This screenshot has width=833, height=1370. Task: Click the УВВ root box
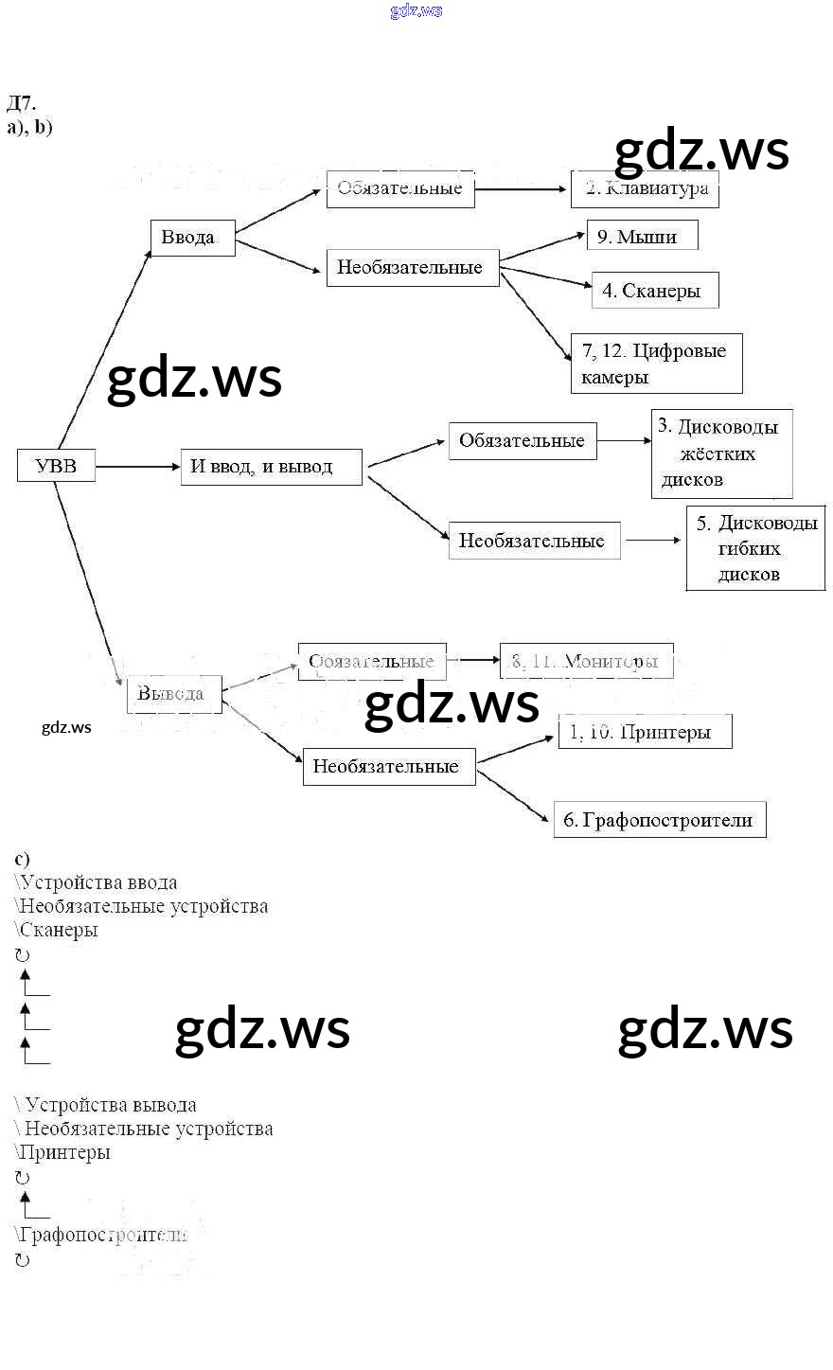[56, 466]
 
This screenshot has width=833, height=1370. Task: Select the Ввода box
[192, 238]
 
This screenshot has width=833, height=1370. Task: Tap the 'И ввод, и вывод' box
[271, 467]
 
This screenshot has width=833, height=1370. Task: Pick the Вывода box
[174, 694]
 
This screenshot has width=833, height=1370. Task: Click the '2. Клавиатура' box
[645, 188]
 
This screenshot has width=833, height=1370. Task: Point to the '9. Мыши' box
[642, 236]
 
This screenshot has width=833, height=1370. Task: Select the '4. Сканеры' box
[654, 291]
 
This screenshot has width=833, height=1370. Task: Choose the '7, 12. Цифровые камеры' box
[656, 364]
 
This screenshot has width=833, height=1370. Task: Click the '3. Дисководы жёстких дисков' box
[721, 454]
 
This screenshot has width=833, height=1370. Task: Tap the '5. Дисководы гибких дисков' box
[755, 548]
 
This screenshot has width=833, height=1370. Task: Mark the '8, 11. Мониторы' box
[587, 661]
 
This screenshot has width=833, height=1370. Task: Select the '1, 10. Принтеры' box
[645, 732]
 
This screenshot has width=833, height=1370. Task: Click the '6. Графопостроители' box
[659, 820]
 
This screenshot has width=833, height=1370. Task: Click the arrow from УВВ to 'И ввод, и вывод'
[137, 467]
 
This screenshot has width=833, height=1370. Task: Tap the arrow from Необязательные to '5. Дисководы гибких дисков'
[652, 541]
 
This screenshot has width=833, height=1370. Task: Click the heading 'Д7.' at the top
[21, 104]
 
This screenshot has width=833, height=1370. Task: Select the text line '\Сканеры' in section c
[58, 930]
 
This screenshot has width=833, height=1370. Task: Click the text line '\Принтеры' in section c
[63, 1152]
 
